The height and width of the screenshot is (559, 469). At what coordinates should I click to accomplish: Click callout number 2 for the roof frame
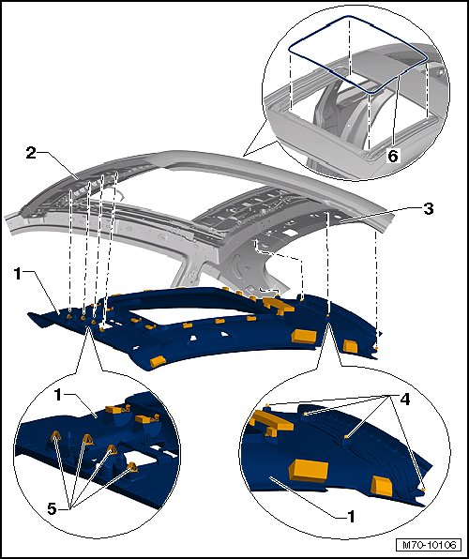pos(31,153)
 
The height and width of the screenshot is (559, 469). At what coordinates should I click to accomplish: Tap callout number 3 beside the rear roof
pos(429,208)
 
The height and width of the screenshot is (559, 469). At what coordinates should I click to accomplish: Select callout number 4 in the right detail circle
pos(404,399)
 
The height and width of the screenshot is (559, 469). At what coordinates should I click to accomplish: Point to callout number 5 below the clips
pos(53,509)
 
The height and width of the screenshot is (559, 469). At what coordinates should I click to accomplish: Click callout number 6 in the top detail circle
pos(393,156)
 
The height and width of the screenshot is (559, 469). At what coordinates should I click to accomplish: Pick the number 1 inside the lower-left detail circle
pos(58,396)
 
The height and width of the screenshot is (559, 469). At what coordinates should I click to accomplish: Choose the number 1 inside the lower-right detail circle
pos(351,516)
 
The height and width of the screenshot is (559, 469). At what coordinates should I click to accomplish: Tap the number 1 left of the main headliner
pos(18,274)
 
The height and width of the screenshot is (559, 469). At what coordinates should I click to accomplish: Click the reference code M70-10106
pos(429,545)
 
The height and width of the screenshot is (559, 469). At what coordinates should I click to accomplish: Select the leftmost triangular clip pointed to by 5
pos(56,435)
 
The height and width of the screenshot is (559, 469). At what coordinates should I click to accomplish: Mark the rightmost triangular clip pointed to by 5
pos(132,467)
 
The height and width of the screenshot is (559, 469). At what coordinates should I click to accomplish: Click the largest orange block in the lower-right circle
pos(309,470)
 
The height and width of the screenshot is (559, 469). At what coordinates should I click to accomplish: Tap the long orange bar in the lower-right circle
pos(272,421)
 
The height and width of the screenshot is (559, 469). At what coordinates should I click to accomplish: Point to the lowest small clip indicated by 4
pos(423,490)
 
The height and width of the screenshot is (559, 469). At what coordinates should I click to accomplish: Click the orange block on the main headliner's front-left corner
pos(158,361)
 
